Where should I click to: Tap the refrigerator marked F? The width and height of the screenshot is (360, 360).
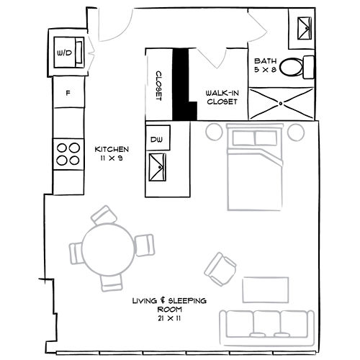[68, 94]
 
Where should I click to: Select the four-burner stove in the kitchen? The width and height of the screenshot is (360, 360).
[68, 153]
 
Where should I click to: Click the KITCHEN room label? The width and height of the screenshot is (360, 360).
[112, 153]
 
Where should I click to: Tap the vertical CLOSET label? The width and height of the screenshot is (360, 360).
[158, 86]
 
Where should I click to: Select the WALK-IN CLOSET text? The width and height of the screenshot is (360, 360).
[222, 97]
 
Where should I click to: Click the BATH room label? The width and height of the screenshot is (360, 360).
[266, 66]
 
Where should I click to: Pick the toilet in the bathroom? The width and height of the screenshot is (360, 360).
[296, 67]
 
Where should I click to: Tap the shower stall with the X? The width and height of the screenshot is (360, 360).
[281, 104]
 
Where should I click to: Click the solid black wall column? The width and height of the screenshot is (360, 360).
[184, 84]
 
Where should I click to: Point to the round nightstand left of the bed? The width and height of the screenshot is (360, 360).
[214, 132]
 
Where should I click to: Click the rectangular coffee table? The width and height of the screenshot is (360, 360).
[265, 290]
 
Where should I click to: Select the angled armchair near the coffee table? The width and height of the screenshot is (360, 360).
[221, 268]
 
